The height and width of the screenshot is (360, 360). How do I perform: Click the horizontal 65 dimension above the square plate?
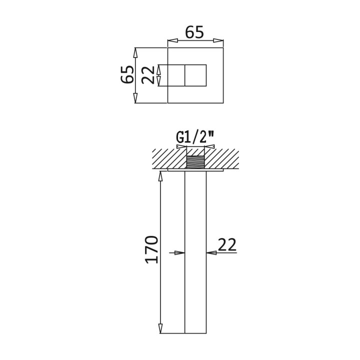click(x=194, y=32)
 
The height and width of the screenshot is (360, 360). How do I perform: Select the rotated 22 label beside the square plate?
click(x=148, y=75)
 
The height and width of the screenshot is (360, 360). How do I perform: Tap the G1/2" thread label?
click(x=195, y=137)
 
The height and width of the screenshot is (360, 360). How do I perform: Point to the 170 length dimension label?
click(x=151, y=249)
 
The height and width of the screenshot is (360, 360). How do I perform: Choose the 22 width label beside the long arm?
click(x=227, y=244)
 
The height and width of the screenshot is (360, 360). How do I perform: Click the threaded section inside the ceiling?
click(x=195, y=162)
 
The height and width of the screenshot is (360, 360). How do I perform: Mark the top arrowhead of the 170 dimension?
click(x=160, y=176)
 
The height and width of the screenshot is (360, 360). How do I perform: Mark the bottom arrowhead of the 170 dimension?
click(x=160, y=328)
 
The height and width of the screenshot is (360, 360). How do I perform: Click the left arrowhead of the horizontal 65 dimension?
click(x=173, y=40)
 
